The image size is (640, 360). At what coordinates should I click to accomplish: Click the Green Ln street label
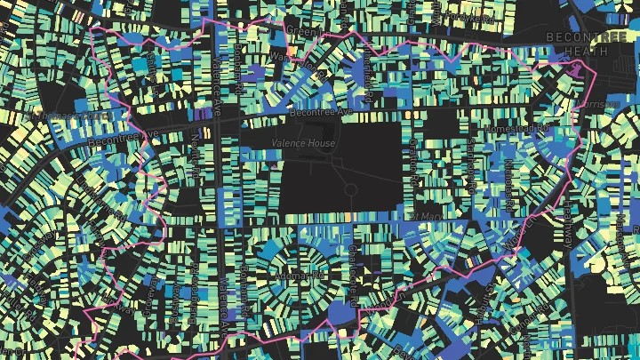(302, 33)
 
